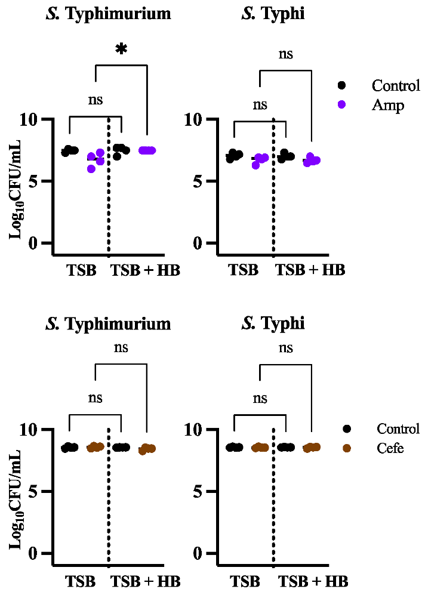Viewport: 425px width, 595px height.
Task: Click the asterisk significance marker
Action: [x=121, y=50]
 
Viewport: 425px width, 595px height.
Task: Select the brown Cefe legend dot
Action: [x=346, y=448]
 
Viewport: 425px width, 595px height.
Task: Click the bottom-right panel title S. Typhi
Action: [x=273, y=324]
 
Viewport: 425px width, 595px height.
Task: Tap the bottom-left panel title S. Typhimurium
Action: [x=108, y=324]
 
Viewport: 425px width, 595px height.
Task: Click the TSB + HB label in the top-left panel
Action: [x=146, y=270]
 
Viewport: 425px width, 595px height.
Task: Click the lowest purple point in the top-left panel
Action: [x=91, y=169]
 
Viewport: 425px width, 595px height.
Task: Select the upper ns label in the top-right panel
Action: [x=286, y=54]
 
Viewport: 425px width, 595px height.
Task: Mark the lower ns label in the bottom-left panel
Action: [x=96, y=398]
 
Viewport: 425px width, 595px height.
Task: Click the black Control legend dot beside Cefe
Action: [x=346, y=429]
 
